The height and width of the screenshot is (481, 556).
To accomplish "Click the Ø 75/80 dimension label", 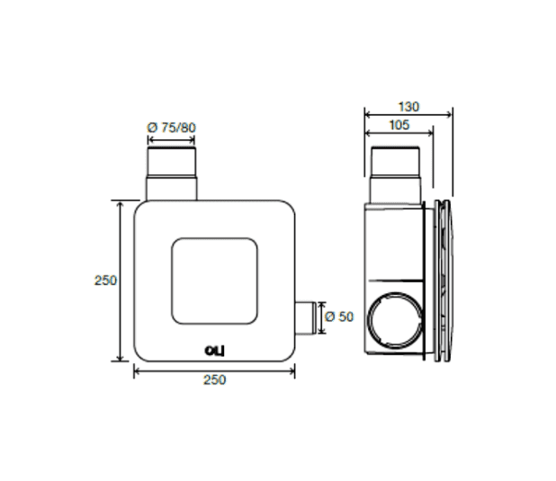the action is coord(171,128).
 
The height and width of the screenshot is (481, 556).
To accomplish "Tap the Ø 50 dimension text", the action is coord(339,316).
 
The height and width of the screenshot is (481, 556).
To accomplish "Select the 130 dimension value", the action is coord(408,107).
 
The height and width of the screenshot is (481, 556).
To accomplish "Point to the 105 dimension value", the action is coord(399,125).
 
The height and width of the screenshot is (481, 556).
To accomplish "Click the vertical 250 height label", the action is coord(105,281).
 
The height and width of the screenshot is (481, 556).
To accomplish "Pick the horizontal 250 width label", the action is coord(214,380).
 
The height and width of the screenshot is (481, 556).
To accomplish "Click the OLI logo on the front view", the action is coord(214,351).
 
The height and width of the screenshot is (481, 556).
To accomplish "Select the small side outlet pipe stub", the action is coord(306,317).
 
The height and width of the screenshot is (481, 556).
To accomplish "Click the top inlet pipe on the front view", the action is coord(171,174).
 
